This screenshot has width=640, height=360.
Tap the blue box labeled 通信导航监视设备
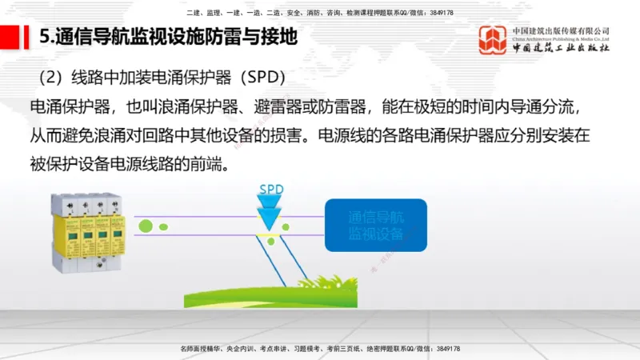point(375,226)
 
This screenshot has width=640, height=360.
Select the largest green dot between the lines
point(145,226)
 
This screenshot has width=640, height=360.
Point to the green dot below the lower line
point(271,241)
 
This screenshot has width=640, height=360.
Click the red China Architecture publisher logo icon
point(492,39)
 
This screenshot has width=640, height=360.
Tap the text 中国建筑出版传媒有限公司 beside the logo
point(561,31)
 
